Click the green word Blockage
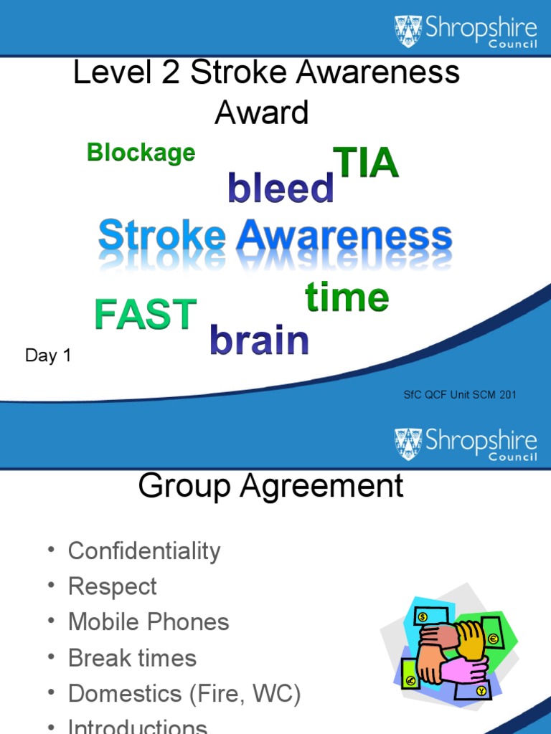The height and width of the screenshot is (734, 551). [141, 153]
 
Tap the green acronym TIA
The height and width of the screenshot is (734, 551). [365, 163]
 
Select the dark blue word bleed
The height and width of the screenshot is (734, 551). [281, 189]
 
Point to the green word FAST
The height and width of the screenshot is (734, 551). [146, 315]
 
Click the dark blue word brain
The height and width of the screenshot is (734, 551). [259, 340]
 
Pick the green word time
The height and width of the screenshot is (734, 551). [347, 297]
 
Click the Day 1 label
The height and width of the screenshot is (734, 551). [48, 356]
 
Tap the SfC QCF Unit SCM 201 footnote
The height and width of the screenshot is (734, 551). [460, 394]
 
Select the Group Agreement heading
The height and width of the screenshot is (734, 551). [270, 487]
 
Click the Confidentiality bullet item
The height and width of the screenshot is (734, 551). [143, 551]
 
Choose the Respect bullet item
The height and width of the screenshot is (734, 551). [112, 586]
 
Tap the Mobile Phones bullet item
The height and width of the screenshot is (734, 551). [148, 622]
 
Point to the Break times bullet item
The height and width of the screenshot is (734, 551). [132, 658]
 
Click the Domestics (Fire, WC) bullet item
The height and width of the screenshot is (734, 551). [184, 694]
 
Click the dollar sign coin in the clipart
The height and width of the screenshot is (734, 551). [423, 617]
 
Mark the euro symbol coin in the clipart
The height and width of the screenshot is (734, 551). [493, 639]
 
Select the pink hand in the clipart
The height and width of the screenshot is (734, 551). [463, 669]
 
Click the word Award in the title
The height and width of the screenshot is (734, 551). [262, 113]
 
